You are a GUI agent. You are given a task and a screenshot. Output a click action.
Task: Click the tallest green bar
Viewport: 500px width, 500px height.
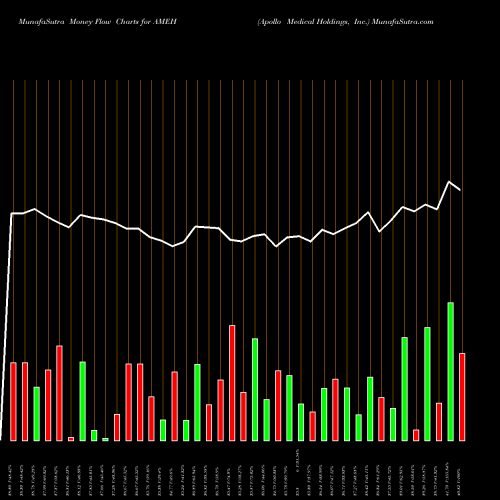coord(450,371)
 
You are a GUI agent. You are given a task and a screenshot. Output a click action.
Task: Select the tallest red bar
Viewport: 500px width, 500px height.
coord(232,383)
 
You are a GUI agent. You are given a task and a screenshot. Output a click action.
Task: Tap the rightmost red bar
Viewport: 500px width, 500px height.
coord(462,397)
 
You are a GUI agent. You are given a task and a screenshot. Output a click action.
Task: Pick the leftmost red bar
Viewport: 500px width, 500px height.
coord(13,401)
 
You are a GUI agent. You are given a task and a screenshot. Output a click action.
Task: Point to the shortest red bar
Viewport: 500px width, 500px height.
coord(71,439)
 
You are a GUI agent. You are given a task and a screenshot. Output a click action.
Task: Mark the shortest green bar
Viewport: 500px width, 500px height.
coord(105,439)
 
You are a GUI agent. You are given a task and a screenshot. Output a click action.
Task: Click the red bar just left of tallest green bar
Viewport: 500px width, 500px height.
coord(439,421)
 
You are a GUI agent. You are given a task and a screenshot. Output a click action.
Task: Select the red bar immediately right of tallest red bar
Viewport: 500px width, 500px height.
coord(243,416)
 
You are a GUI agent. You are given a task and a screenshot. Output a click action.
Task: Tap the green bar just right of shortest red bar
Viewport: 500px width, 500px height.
coord(82,401)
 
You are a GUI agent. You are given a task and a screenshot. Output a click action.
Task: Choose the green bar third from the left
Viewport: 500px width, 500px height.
coord(94,435)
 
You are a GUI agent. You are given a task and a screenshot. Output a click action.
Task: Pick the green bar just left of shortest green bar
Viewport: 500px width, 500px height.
coord(94,435)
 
